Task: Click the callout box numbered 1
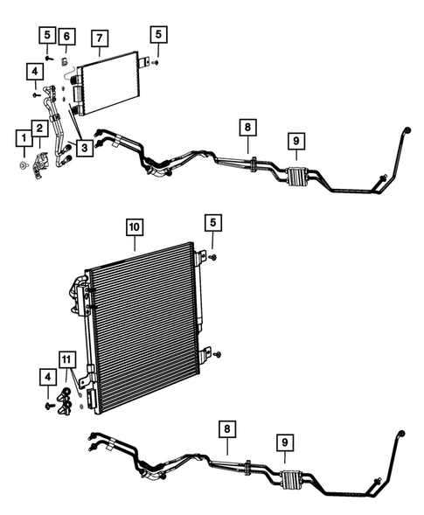pyautogui.click(x=20, y=136)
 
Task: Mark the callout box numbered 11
pyautogui.click(x=67, y=359)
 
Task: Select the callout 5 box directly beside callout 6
pyautogui.click(x=46, y=35)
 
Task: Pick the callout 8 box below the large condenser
pyautogui.click(x=226, y=428)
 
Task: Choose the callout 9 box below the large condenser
pyautogui.click(x=285, y=443)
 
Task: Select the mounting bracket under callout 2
pyautogui.click(x=41, y=161)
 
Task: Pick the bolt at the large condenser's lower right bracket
pyautogui.click(x=218, y=354)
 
